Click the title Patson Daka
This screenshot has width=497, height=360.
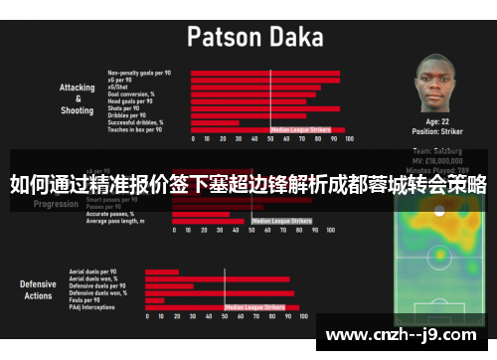pyautogui.click(x=255, y=38)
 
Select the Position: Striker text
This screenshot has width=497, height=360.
pyautogui.click(x=437, y=130)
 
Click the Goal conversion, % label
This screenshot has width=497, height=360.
pyautogui.click(x=130, y=93)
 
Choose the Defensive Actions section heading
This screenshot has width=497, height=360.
pyautogui.click(x=38, y=290)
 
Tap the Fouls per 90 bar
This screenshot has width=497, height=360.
pyautogui.click(x=155, y=300)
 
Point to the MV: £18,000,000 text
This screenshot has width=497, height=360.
pyautogui.click(x=437, y=158)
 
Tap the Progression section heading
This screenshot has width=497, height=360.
pyautogui.click(x=56, y=204)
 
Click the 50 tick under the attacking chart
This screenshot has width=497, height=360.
pyautogui.click(x=270, y=140)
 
